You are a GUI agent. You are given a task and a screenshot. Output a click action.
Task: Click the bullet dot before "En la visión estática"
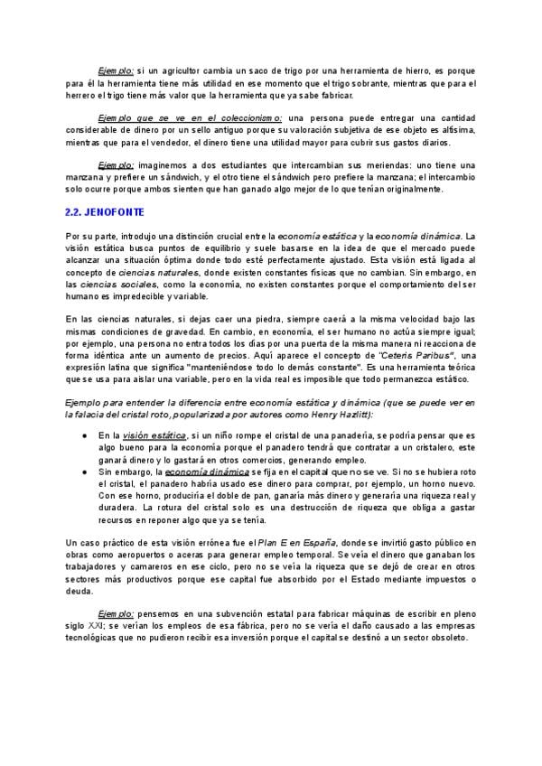pyautogui.click(x=84, y=435)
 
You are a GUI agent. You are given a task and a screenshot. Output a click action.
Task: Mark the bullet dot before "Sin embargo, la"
pyautogui.click(x=84, y=472)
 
